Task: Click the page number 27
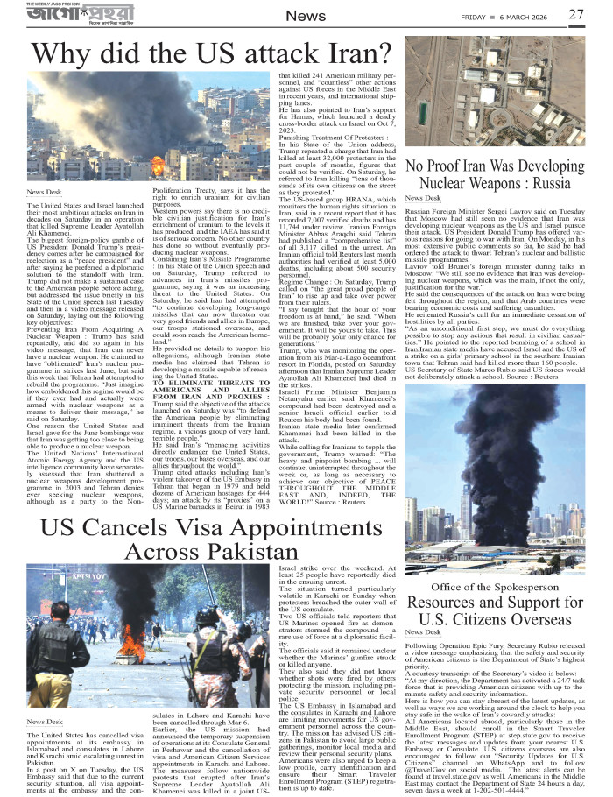click(x=575, y=14)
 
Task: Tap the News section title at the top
click(x=306, y=17)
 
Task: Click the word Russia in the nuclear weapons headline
click(x=544, y=184)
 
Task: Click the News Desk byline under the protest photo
click(x=45, y=721)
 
